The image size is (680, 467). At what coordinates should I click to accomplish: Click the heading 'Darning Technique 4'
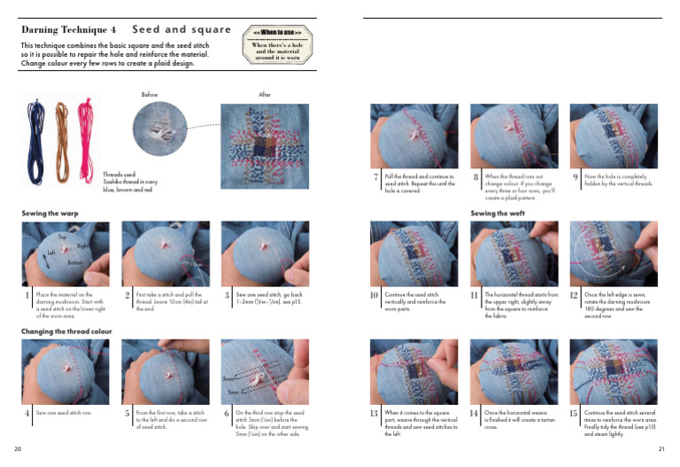[69, 29]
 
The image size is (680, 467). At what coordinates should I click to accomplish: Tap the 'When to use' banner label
[278, 33]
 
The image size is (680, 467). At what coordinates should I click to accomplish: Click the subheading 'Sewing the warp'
[50, 214]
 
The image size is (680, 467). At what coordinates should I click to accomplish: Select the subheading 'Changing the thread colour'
[68, 331]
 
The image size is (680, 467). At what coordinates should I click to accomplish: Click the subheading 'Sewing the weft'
[496, 214]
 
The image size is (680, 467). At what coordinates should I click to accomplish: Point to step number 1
[27, 296]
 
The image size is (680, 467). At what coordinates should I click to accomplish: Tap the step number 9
[576, 177]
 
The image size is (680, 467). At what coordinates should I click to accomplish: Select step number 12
[576, 296]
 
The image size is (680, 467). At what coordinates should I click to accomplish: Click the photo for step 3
[265, 253]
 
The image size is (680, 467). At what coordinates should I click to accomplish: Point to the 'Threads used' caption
[127, 181]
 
